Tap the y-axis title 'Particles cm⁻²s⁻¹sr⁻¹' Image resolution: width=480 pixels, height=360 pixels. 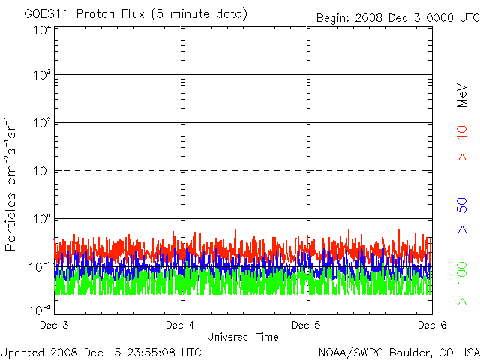point(10,184)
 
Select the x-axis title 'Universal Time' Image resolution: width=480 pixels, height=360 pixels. point(243,337)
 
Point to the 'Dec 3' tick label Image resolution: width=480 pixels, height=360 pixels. point(54,325)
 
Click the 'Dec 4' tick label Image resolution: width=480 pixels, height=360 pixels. point(180,325)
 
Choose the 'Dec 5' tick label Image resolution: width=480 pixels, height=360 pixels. point(306,325)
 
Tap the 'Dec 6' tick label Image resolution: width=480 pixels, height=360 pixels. point(432,325)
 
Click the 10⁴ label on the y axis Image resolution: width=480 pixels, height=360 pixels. point(42,30)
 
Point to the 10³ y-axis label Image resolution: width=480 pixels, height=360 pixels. point(42,75)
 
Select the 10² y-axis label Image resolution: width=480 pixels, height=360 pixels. point(42,123)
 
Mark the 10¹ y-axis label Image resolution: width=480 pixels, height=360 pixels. point(42,171)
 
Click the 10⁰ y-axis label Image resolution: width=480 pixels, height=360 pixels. point(42,219)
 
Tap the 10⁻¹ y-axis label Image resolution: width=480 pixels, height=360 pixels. point(40,267)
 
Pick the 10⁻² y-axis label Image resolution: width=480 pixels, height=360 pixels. point(40,310)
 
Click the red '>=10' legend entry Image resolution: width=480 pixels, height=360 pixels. point(462,143)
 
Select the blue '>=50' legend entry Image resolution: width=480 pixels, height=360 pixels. point(462,215)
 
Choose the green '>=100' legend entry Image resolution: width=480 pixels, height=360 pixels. point(462,283)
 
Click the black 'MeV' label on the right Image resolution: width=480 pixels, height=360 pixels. point(462,95)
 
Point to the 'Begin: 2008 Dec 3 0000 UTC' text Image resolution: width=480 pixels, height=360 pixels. point(397,18)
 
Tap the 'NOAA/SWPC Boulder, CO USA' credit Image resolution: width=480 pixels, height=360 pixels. point(399,352)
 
